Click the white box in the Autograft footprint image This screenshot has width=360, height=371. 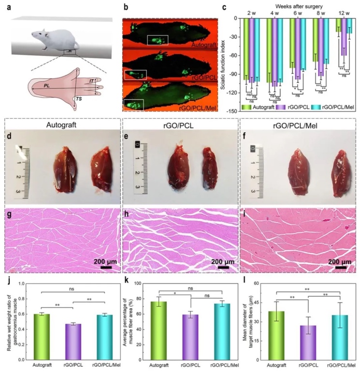[x=158, y=42]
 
